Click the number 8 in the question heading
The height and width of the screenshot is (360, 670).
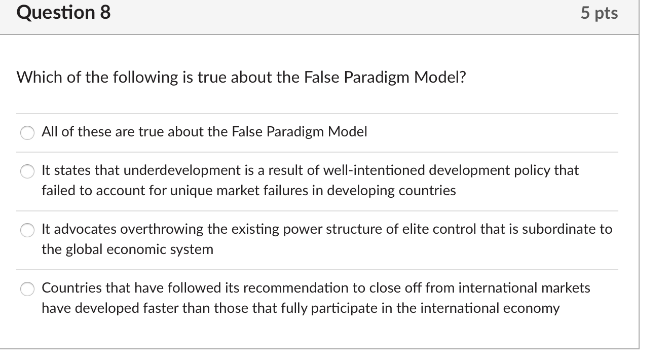pos(105,13)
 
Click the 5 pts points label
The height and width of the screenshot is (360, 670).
pos(599,13)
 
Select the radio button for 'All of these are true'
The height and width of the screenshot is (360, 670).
pos(27,132)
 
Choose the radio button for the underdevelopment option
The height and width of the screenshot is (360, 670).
pos(27,171)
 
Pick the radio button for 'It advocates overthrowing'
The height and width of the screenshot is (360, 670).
pos(27,230)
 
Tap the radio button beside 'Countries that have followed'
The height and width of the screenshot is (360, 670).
pos(27,289)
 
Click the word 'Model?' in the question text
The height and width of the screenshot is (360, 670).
pos(440,77)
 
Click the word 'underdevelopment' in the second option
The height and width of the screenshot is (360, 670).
pos(182,170)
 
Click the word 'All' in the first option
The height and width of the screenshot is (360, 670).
pos(50,132)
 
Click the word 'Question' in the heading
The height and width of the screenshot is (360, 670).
pos(56,13)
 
